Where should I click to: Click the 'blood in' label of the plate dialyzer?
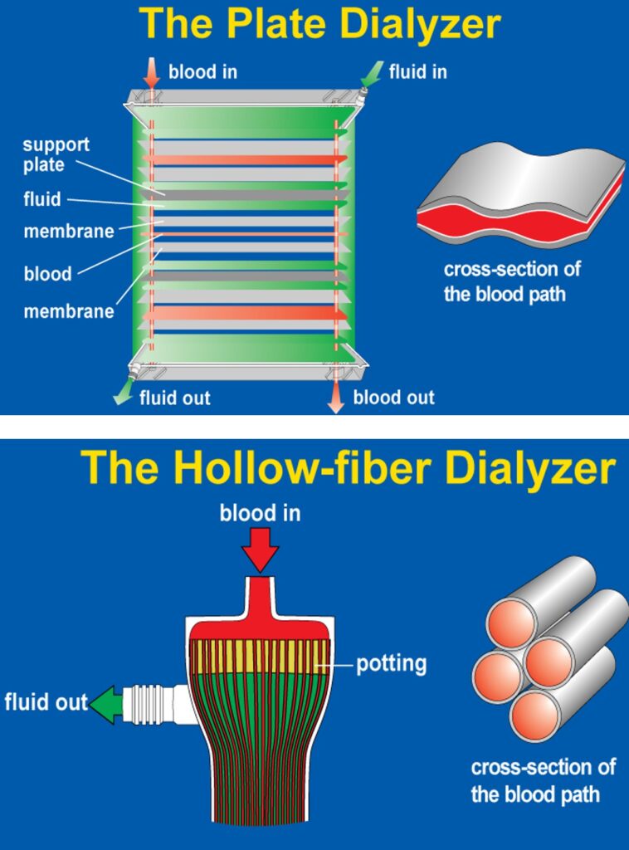tap(202, 71)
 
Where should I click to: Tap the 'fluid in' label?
tap(418, 71)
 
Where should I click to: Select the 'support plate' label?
tap(56, 154)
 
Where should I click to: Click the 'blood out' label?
tap(393, 397)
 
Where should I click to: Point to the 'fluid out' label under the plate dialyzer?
tap(174, 398)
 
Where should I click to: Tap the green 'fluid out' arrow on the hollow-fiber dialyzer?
tap(105, 705)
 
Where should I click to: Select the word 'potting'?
tap(391, 665)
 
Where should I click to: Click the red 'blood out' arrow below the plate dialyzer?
tap(335, 398)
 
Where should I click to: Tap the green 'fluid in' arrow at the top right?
tap(372, 73)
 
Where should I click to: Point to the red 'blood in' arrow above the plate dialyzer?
tap(151, 72)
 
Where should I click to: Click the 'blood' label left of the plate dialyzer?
tap(47, 274)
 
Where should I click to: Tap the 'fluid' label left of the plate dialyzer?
tap(42, 200)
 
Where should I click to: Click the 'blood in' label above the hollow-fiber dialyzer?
tap(260, 514)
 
